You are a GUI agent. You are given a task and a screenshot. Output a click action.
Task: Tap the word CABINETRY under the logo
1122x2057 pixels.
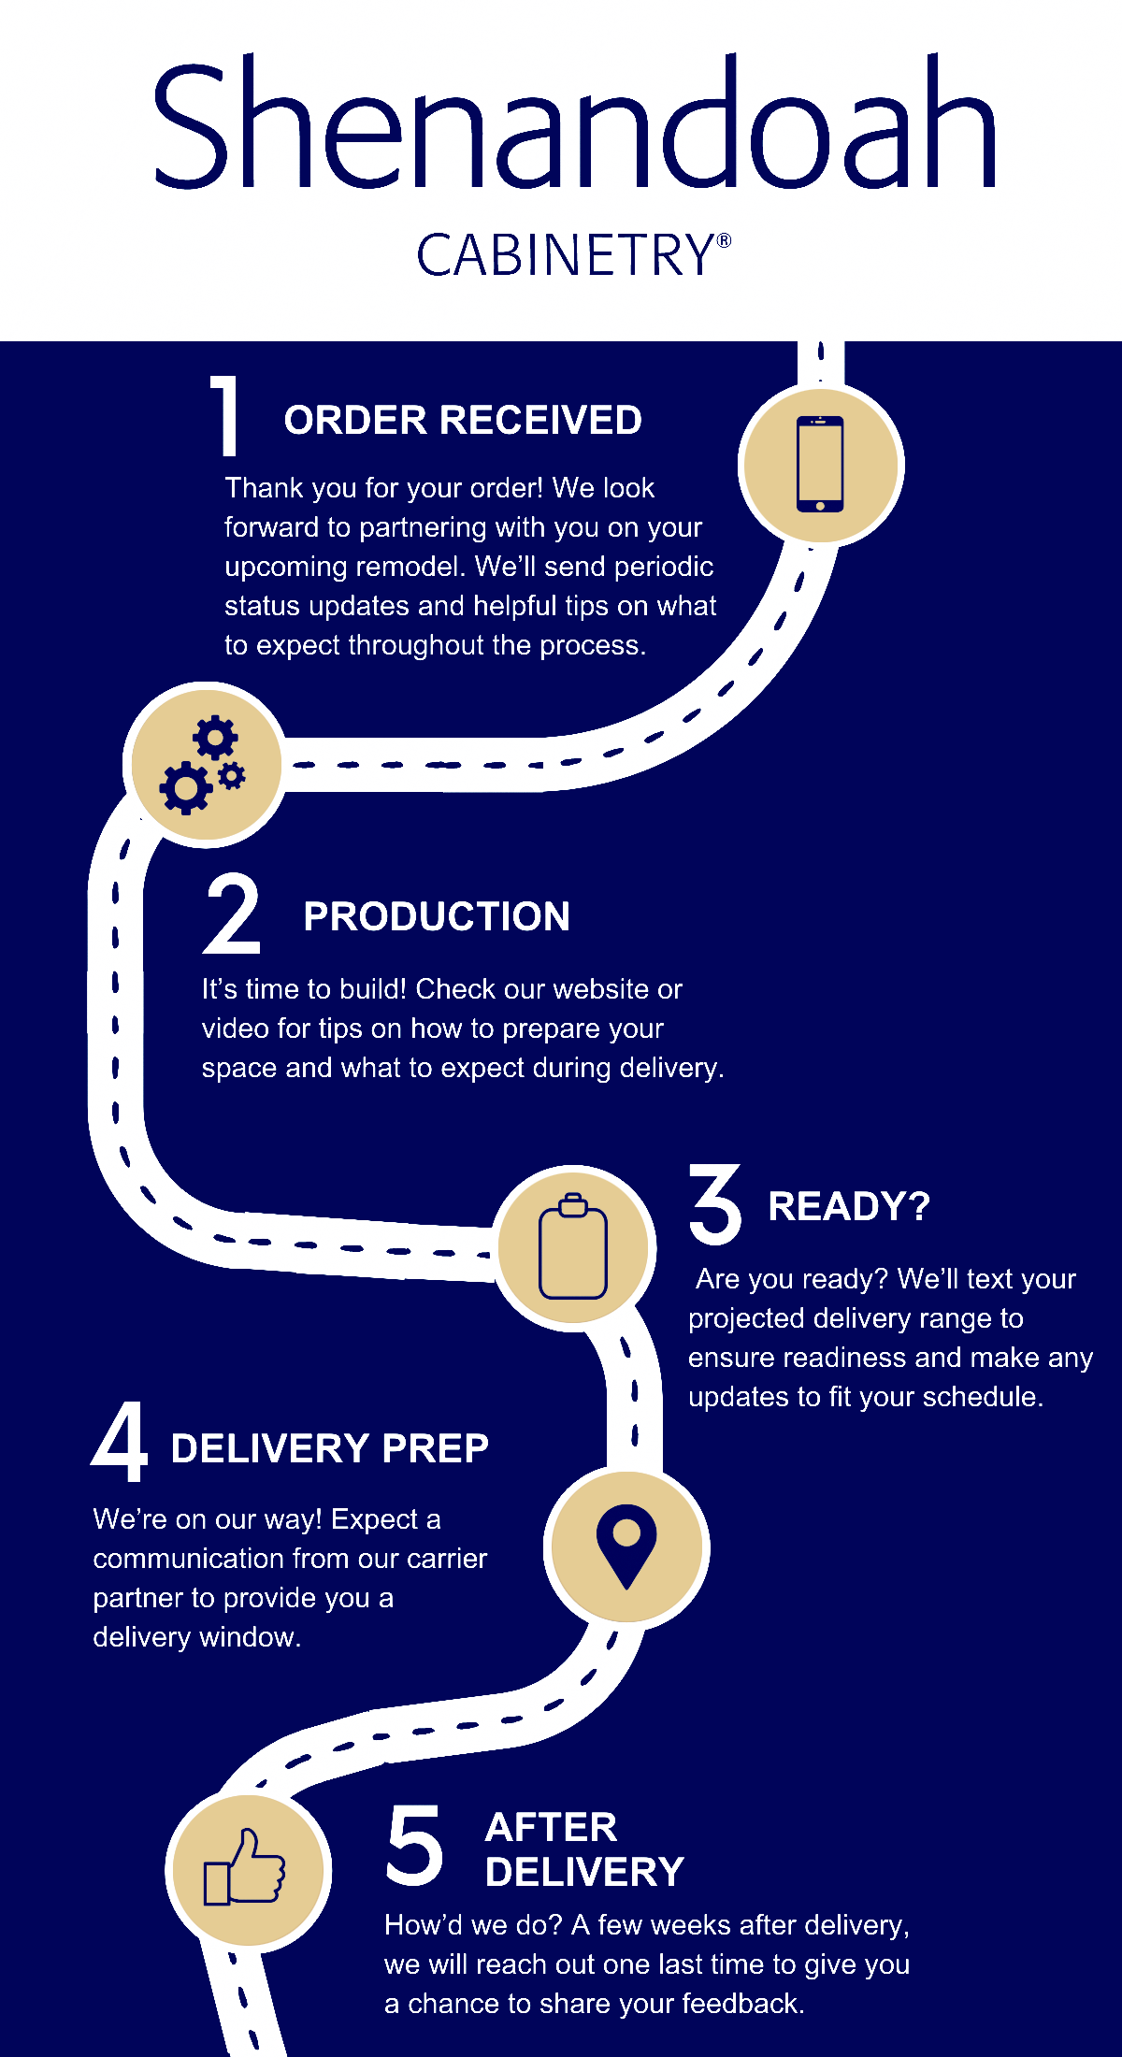pyautogui.click(x=565, y=255)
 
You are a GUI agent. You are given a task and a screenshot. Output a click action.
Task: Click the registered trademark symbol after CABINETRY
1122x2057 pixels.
pyautogui.click(x=724, y=240)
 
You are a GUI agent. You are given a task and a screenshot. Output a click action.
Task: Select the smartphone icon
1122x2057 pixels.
pyautogui.click(x=820, y=465)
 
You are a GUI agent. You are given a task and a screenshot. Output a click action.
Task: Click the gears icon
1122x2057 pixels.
pyautogui.click(x=204, y=764)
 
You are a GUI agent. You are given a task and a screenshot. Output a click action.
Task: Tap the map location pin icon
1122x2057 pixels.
pyautogui.click(x=626, y=1546)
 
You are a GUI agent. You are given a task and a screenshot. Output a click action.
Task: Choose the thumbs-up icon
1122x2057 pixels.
pyautogui.click(x=246, y=1867)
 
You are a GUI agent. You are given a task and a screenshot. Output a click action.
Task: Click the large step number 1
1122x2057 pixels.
pyautogui.click(x=225, y=415)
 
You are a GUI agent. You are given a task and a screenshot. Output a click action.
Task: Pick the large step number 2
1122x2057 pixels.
pyautogui.click(x=231, y=913)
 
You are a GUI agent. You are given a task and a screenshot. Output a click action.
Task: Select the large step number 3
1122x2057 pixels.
pyautogui.click(x=715, y=1204)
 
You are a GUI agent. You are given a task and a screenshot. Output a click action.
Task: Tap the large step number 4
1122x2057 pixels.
pyautogui.click(x=121, y=1443)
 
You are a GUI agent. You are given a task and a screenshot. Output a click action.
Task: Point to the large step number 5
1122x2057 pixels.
pyautogui.click(x=414, y=1845)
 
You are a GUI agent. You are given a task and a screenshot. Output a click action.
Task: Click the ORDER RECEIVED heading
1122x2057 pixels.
pyautogui.click(x=463, y=421)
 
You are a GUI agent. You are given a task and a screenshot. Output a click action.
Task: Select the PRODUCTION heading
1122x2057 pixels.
pyautogui.click(x=437, y=917)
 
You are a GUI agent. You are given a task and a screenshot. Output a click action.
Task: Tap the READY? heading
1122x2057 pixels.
pyautogui.click(x=848, y=1206)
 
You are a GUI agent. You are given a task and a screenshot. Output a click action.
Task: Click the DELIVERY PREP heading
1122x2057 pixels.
pyautogui.click(x=329, y=1448)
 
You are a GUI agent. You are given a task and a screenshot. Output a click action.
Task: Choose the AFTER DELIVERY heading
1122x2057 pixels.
pyautogui.click(x=584, y=1849)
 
